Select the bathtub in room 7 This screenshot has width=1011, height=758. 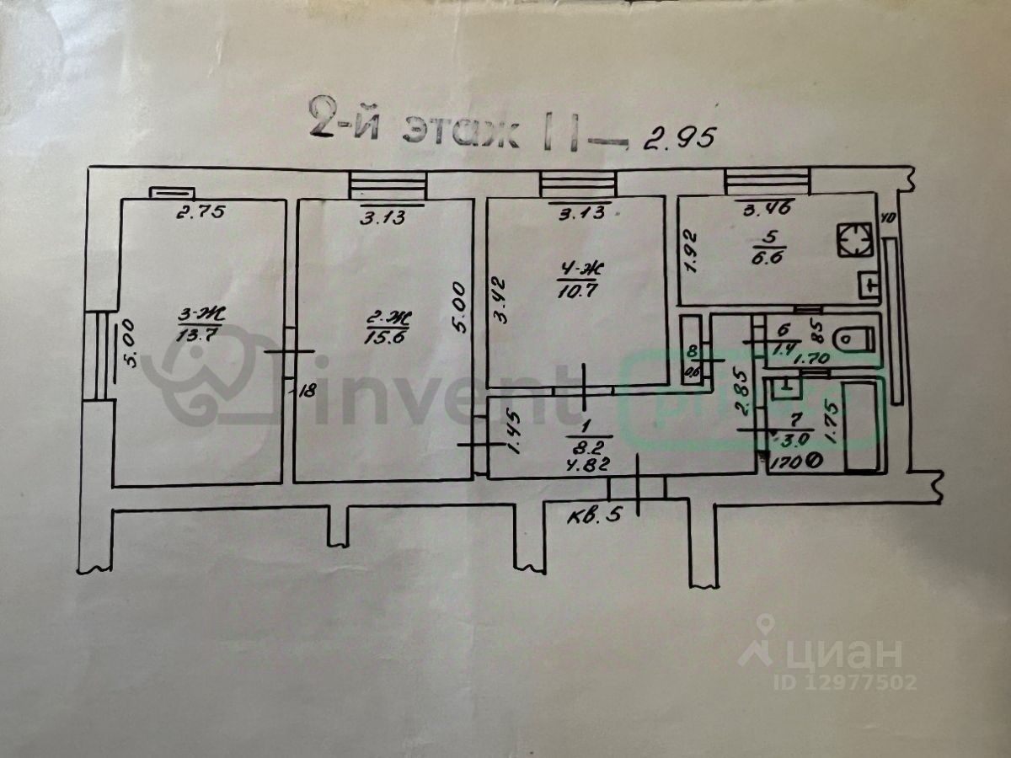(864, 426)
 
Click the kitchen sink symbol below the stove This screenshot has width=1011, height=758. (868, 286)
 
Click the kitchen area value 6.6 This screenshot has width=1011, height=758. (763, 259)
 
